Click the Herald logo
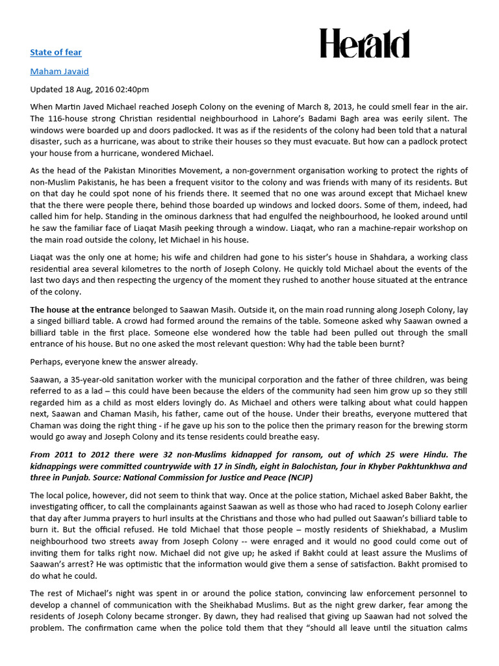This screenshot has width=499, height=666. pos(365,44)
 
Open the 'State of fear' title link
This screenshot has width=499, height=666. pos(56,52)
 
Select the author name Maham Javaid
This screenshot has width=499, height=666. pos(59,71)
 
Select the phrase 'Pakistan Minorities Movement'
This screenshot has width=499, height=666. pos(162,170)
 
